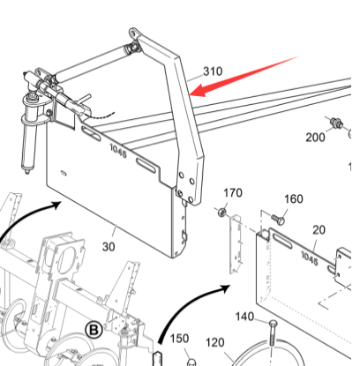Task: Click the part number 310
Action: (213, 71)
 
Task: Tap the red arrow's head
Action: (199, 89)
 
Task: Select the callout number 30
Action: (109, 247)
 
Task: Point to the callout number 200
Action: (315, 138)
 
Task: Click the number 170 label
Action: (233, 193)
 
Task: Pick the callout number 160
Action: (294, 199)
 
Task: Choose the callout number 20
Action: (319, 230)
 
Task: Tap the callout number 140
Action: (244, 317)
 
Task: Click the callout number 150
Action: (179, 339)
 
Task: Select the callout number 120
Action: (215, 342)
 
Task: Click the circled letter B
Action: (94, 330)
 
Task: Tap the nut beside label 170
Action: (222, 211)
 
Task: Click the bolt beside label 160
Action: (278, 220)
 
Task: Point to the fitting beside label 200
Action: (337, 122)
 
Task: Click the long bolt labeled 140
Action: (273, 335)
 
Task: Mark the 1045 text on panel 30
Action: (118, 151)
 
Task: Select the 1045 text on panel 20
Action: (310, 258)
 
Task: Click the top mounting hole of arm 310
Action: (132, 32)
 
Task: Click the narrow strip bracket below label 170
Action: (236, 244)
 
